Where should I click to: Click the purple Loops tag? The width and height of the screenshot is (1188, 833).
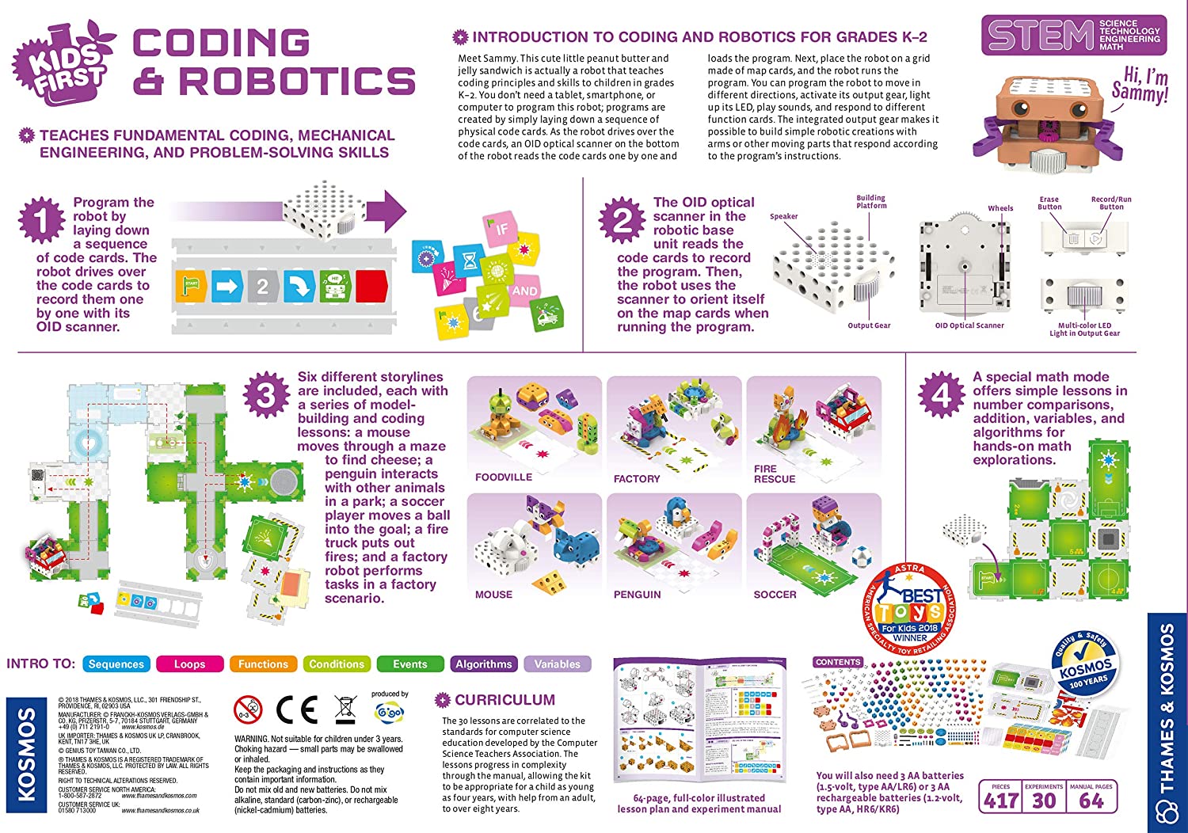click(189, 664)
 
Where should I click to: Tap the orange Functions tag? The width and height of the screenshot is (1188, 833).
click(263, 664)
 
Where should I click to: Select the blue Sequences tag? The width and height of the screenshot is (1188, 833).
click(116, 664)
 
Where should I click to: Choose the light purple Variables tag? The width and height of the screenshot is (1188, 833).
click(557, 664)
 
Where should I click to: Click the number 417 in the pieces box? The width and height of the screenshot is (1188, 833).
click(1001, 801)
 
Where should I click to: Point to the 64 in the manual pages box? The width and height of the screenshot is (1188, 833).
click(1091, 801)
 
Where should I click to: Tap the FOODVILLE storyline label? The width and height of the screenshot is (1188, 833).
click(504, 477)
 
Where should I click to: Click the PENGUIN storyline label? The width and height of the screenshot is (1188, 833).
click(637, 595)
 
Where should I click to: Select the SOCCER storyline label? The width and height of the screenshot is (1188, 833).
click(775, 595)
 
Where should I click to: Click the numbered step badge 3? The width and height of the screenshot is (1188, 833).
click(266, 395)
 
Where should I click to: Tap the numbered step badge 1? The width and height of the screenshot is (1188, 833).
click(41, 220)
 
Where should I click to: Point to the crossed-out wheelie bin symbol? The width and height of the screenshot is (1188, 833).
click(345, 709)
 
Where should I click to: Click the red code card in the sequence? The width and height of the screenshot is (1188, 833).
click(371, 286)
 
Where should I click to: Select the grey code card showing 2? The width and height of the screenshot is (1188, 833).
click(262, 286)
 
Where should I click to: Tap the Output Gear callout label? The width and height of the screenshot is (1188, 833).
click(869, 325)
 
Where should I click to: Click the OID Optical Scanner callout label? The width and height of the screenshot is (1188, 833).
click(969, 325)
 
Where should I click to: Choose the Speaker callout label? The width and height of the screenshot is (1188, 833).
click(783, 216)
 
